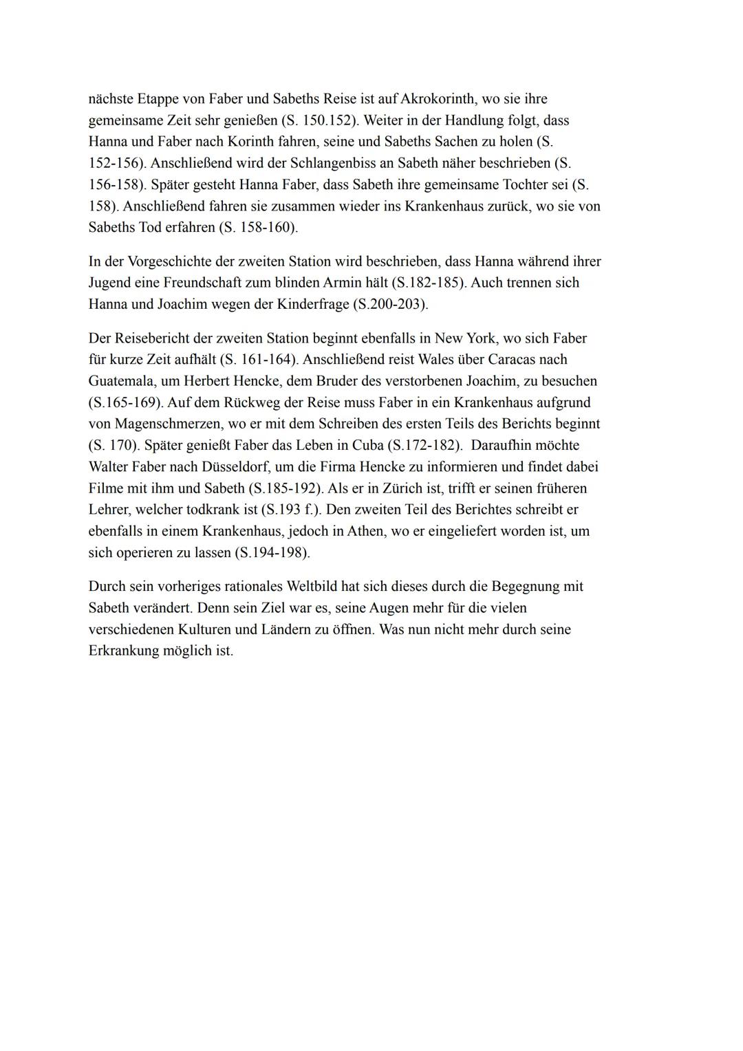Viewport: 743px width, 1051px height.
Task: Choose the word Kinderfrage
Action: [311, 304]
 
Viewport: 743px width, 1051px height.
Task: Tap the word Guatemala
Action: [121, 381]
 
